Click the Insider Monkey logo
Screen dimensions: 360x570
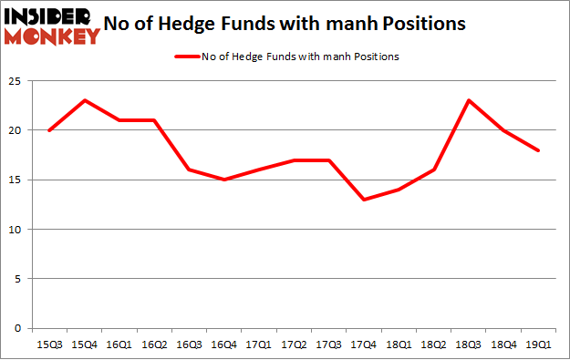click(x=52, y=26)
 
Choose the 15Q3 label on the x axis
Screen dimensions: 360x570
click(x=48, y=345)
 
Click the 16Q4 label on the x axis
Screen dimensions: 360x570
click(x=224, y=345)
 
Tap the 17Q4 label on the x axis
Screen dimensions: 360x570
click(x=364, y=345)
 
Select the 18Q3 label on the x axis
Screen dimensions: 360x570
click(x=469, y=345)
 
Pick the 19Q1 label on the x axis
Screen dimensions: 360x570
click(x=539, y=345)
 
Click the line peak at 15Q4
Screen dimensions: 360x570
click(x=83, y=100)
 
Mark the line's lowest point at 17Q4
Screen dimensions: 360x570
click(x=364, y=200)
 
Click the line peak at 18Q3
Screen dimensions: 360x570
click(x=469, y=100)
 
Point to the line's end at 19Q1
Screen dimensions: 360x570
click(x=539, y=150)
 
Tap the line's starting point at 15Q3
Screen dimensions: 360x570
click(x=48, y=130)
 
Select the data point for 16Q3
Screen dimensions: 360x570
click(x=189, y=170)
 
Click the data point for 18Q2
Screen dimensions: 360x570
click(x=434, y=170)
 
